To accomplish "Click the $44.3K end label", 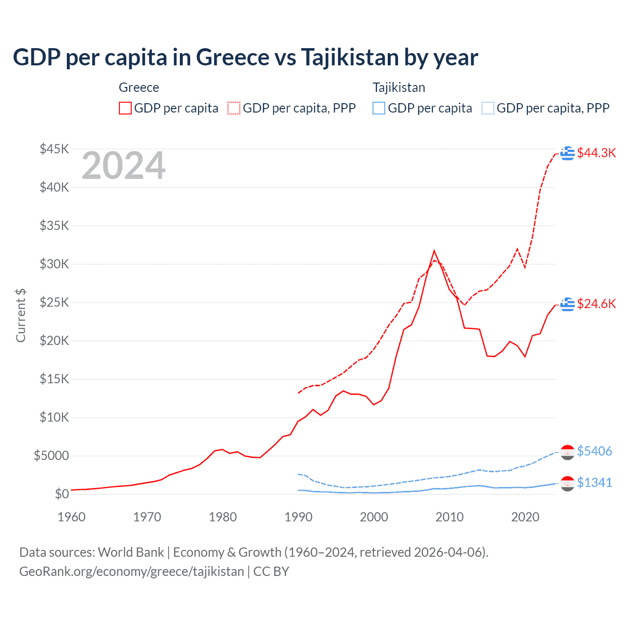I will [x=596, y=153].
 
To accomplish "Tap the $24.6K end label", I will [x=596, y=304].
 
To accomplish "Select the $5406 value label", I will [x=594, y=451].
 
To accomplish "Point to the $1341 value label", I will [x=594, y=483].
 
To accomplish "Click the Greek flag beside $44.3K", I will [x=568, y=153].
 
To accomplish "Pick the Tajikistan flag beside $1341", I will [x=568, y=484].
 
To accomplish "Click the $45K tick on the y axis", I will [x=55, y=149].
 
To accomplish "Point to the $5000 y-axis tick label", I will [x=51, y=456].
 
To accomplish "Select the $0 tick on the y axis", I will [x=61, y=494].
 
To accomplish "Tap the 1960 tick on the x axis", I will [x=71, y=517].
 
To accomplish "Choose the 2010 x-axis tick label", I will [x=450, y=517].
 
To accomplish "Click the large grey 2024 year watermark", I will [x=124, y=166].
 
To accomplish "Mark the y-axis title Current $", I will [x=21, y=315].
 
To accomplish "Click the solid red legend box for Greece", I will [x=125, y=108].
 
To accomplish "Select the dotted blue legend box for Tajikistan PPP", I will [x=488, y=108].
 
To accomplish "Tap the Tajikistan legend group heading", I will [x=399, y=87].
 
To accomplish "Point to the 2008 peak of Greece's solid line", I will [x=434, y=251].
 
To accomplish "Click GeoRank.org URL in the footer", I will [x=132, y=572].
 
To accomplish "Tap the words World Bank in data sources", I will [x=131, y=552].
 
